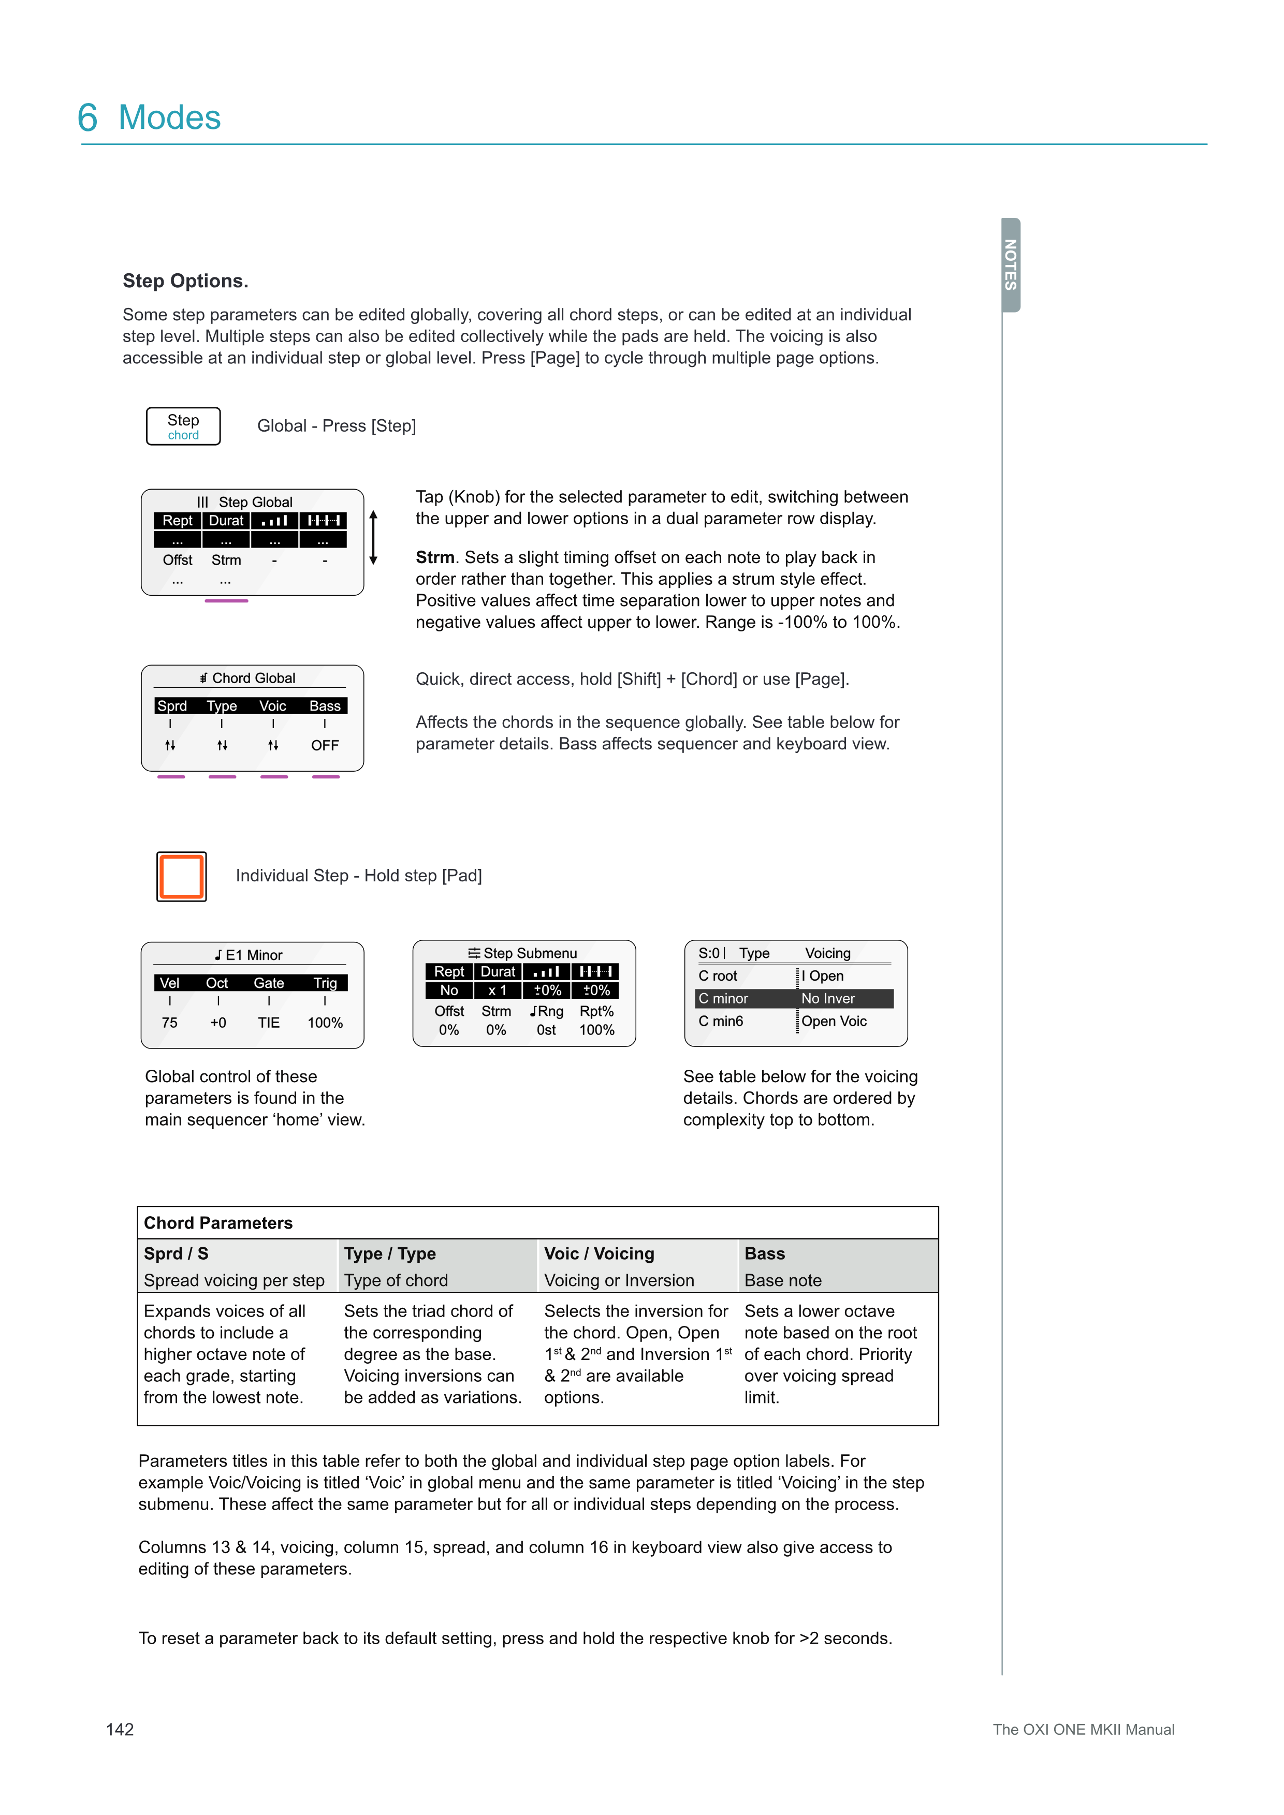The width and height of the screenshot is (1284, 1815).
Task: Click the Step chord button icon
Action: (x=183, y=426)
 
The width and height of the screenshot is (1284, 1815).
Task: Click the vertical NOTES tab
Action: (x=1011, y=265)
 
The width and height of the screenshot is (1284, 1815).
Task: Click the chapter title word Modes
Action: (x=169, y=118)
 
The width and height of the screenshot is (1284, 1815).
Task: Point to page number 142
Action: (x=120, y=1729)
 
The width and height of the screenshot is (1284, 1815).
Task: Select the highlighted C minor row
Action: (x=794, y=998)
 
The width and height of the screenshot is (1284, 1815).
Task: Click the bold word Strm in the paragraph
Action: (x=435, y=557)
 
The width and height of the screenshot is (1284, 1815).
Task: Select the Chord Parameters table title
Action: (x=218, y=1223)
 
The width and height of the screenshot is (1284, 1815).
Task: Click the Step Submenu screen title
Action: (x=523, y=953)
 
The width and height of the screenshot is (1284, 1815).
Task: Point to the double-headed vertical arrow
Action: (x=374, y=538)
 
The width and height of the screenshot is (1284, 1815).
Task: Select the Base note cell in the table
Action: (x=783, y=1280)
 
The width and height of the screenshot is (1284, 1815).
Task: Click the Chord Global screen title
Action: (x=249, y=678)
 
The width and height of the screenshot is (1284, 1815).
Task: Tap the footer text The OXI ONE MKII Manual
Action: (x=1083, y=1730)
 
